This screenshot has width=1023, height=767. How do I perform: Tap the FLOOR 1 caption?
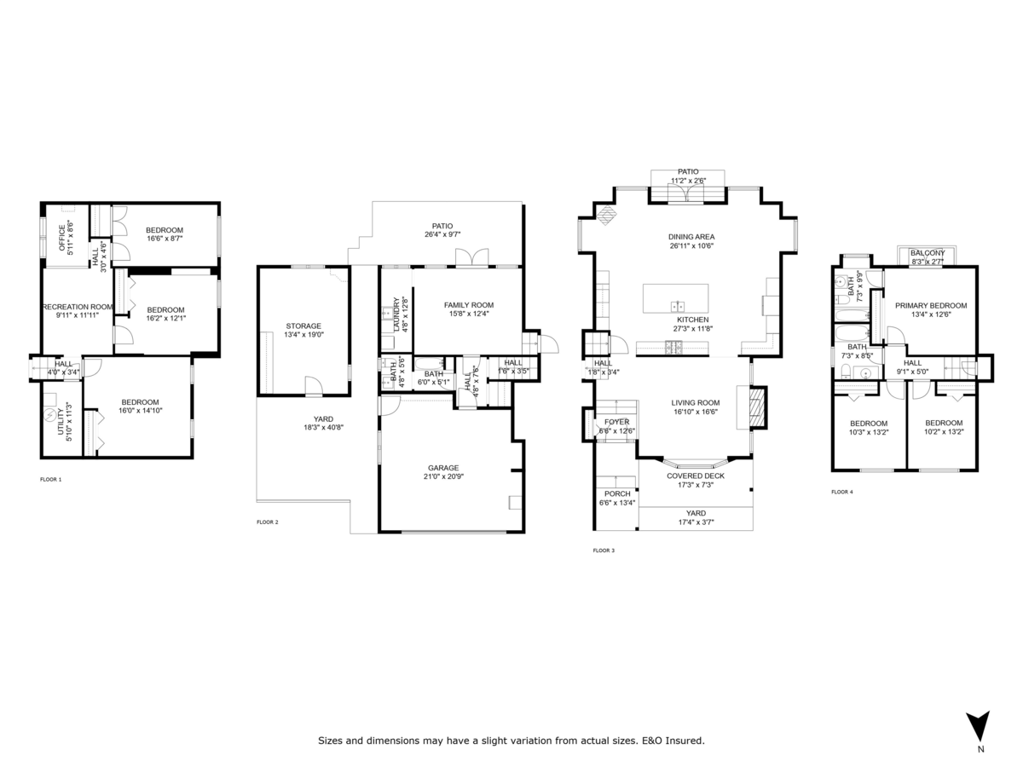click(x=51, y=480)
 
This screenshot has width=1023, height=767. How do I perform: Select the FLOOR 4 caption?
click(x=842, y=492)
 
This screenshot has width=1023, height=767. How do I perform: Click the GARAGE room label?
click(x=443, y=468)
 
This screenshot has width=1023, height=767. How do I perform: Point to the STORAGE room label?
click(x=303, y=326)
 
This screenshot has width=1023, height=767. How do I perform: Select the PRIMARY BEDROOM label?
click(x=930, y=305)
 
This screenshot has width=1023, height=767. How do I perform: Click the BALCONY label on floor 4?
click(x=928, y=253)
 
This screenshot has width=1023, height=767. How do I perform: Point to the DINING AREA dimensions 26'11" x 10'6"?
click(x=691, y=245)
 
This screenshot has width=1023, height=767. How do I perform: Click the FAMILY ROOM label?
click(x=468, y=305)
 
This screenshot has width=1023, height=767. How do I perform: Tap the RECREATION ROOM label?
click(x=78, y=307)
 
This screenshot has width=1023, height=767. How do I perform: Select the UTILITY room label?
click(x=62, y=418)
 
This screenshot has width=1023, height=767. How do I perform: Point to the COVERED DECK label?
click(x=695, y=476)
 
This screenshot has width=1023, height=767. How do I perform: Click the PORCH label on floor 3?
click(x=617, y=493)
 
